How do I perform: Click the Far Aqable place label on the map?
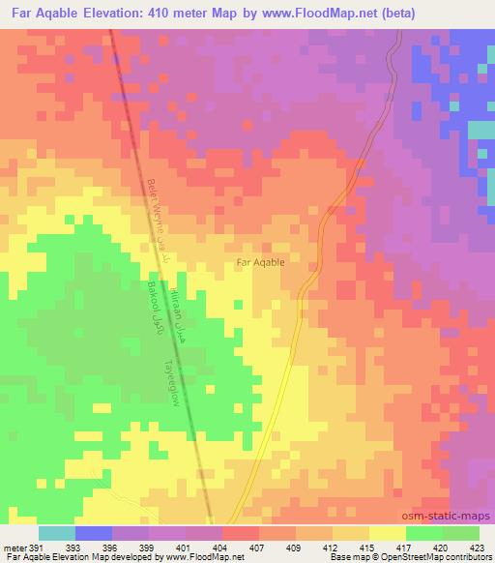coord(260,262)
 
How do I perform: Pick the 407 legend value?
coord(258,548)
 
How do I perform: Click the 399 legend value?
coord(148,548)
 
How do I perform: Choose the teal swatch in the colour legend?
coord(56,533)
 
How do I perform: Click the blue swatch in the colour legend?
coord(94,533)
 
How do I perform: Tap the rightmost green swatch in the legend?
coord(461,533)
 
